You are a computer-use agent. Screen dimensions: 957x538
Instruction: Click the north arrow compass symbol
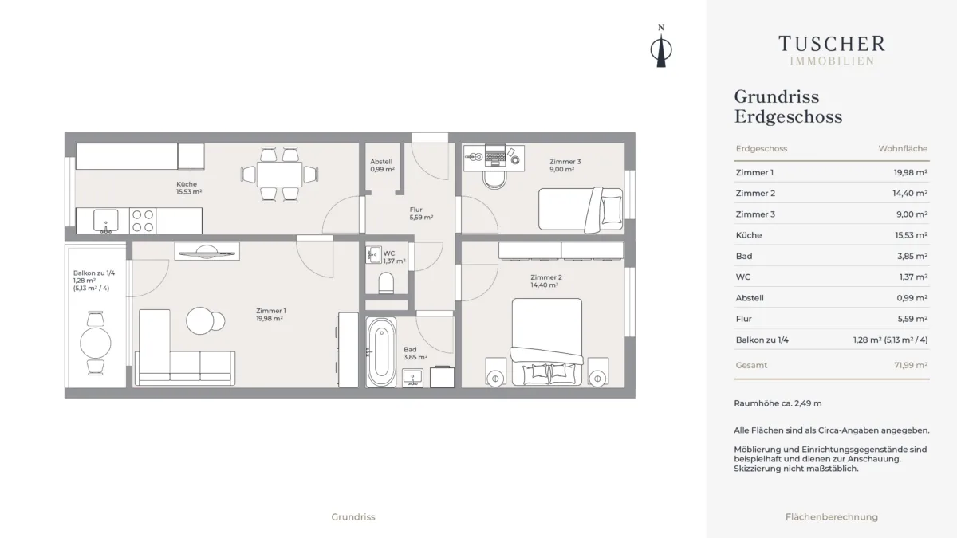click(661, 46)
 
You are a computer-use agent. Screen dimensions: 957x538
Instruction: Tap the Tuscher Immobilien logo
click(831, 50)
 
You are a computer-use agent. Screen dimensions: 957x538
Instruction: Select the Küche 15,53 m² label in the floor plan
click(189, 188)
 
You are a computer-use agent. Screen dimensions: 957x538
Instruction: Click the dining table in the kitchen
click(279, 175)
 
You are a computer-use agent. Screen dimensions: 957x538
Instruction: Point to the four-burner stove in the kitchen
click(143, 221)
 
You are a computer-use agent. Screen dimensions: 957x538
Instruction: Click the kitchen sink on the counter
click(105, 221)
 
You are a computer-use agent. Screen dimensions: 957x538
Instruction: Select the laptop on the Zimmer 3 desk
click(495, 155)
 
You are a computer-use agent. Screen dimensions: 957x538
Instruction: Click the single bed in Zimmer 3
click(581, 210)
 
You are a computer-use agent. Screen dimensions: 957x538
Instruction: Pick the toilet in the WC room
click(386, 283)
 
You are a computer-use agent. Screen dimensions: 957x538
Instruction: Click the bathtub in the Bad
click(381, 352)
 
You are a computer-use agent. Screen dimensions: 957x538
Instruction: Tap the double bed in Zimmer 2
click(547, 342)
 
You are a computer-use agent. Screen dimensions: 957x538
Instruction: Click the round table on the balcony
click(95, 343)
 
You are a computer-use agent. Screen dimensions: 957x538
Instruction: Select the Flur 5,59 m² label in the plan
click(421, 214)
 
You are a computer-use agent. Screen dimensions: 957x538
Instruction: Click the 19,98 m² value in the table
click(911, 172)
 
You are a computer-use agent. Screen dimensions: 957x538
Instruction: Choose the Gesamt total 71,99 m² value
click(911, 365)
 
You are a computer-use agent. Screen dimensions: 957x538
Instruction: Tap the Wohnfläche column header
click(903, 148)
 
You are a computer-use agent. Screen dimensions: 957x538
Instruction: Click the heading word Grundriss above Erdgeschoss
click(777, 97)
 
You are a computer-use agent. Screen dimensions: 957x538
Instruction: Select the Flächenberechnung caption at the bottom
click(831, 517)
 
